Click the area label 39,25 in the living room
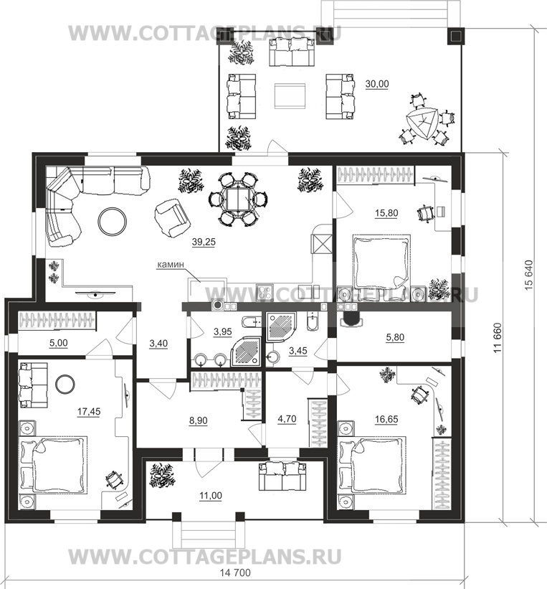coord(204,242)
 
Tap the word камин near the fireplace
coord(171,265)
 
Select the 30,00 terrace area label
coord(377,84)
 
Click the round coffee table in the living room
coord(113,222)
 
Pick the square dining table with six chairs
coord(239,199)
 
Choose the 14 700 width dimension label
coord(235,572)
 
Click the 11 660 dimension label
coord(498,338)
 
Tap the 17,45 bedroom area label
coord(89,412)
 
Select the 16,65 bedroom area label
coord(386,419)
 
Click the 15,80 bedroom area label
coord(386,213)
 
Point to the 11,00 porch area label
coord(211,496)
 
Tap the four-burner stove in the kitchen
coord(265,292)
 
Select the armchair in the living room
coord(171,218)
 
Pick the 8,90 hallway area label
coord(198,420)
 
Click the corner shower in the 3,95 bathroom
coord(246,351)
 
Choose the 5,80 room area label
coord(395,337)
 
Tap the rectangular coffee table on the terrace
coord(290,96)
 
